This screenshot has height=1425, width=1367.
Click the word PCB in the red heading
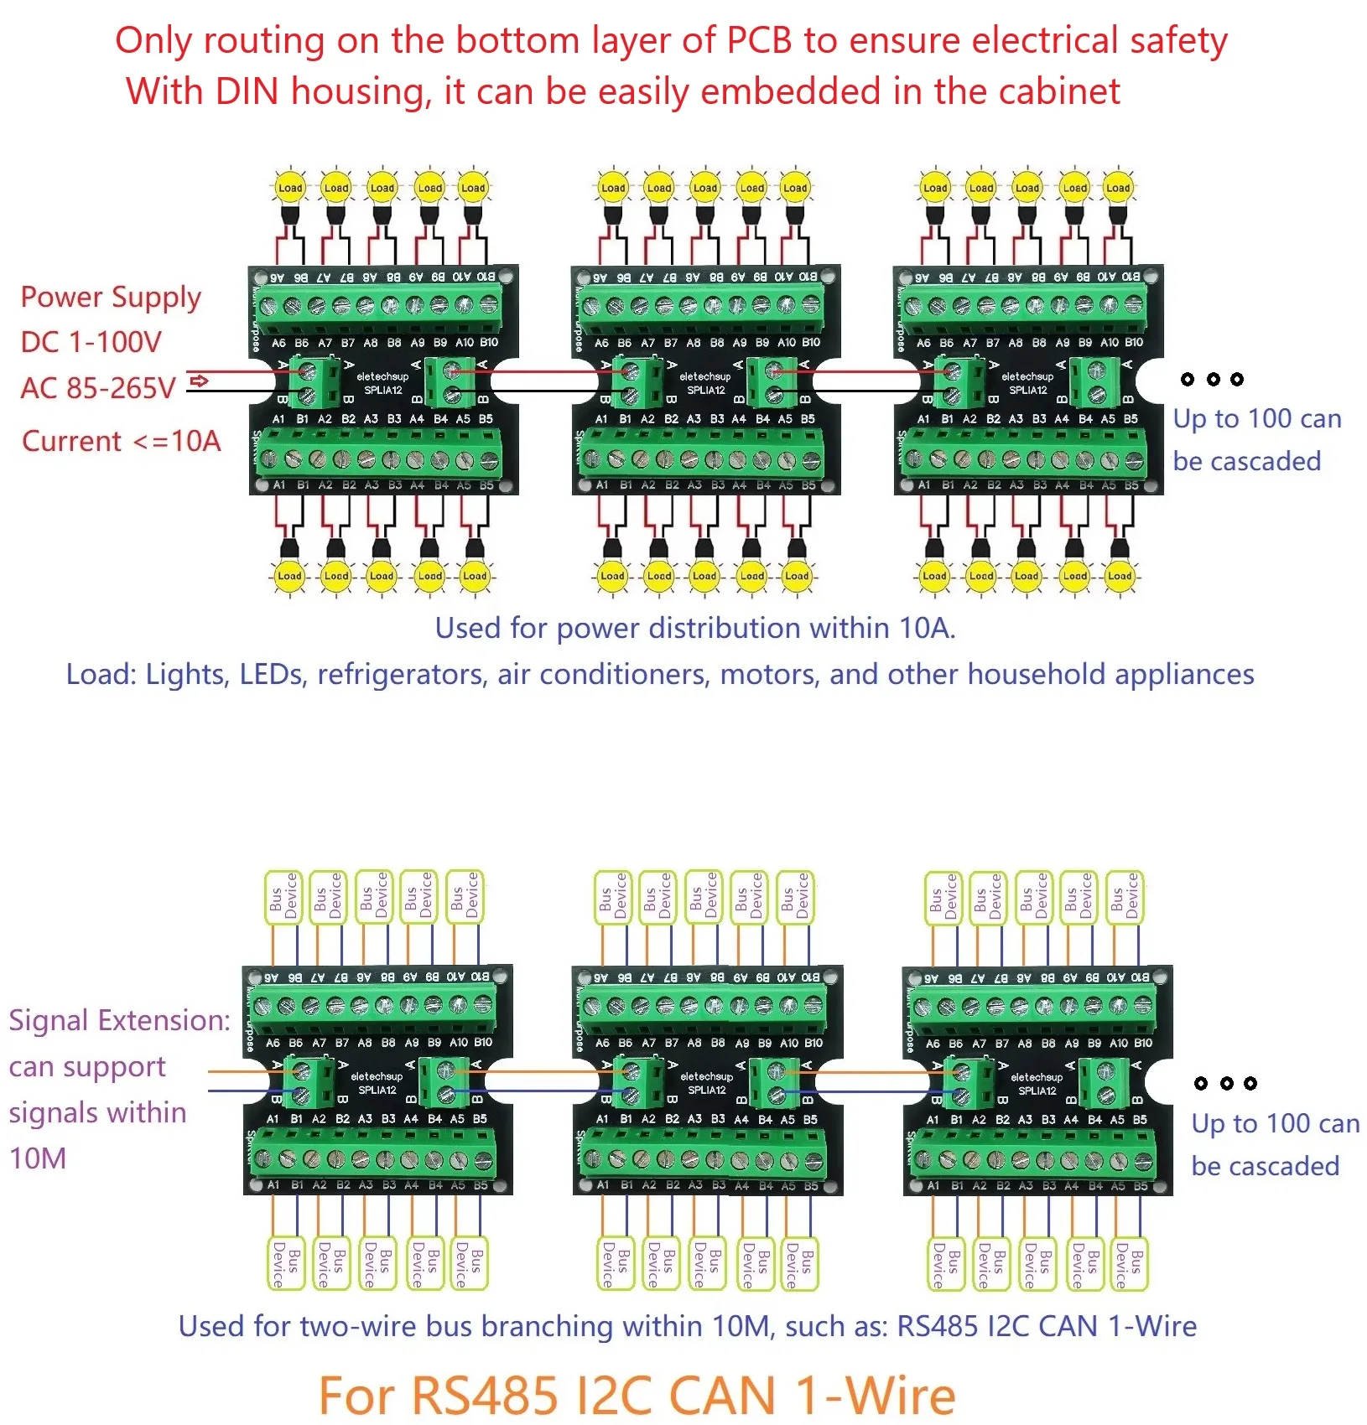pos(759,40)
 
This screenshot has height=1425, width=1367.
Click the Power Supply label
pos(111,298)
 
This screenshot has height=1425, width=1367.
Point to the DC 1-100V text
pos(91,342)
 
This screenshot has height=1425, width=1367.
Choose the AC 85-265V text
pos(98,388)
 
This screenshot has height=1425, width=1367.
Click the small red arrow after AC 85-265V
pos(199,382)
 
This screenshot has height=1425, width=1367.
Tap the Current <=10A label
pos(121,441)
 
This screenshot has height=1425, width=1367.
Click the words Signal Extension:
pos(119,1020)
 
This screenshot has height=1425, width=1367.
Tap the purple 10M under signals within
pos(38,1158)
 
